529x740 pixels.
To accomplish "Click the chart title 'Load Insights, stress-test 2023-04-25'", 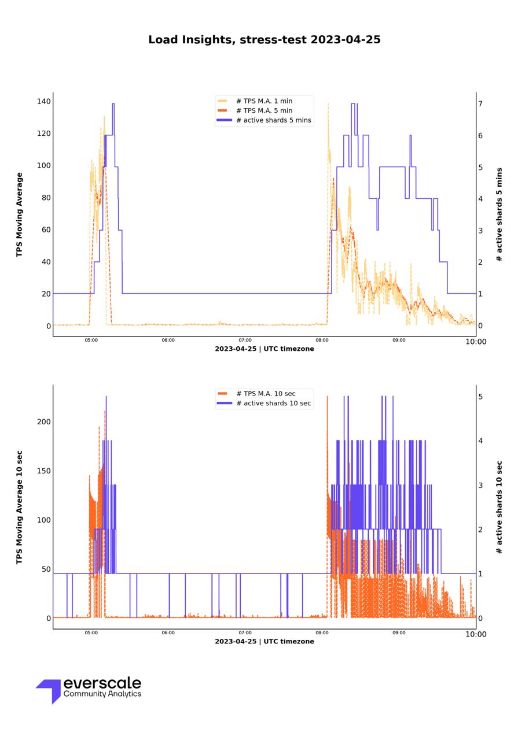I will click(264, 40).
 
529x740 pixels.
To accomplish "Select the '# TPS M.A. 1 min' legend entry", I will click(264, 101).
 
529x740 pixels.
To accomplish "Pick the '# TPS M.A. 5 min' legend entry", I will click(264, 110).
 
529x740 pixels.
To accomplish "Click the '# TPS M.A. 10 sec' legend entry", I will click(266, 394).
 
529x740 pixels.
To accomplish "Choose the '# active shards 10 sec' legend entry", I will click(273, 403).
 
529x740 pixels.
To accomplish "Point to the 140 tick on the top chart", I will click(43, 102).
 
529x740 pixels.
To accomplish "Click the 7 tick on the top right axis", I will click(480, 103).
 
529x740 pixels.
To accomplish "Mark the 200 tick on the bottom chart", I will click(43, 422).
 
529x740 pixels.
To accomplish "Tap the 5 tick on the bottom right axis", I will click(480, 397).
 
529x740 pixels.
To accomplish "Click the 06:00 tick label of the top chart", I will click(168, 341).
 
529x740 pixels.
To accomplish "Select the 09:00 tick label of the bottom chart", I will click(399, 633).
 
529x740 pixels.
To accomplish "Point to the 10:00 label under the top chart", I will click(476, 342).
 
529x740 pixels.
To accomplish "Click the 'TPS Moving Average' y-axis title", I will click(19, 214).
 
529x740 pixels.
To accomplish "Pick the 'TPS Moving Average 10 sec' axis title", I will click(19, 507).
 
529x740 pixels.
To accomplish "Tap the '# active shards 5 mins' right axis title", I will click(499, 214).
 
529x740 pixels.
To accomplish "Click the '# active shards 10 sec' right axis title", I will click(499, 507).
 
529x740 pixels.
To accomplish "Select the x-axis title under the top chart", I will click(264, 349).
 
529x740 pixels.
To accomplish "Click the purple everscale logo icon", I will click(50, 690).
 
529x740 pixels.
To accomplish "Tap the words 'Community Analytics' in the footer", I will click(102, 694).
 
